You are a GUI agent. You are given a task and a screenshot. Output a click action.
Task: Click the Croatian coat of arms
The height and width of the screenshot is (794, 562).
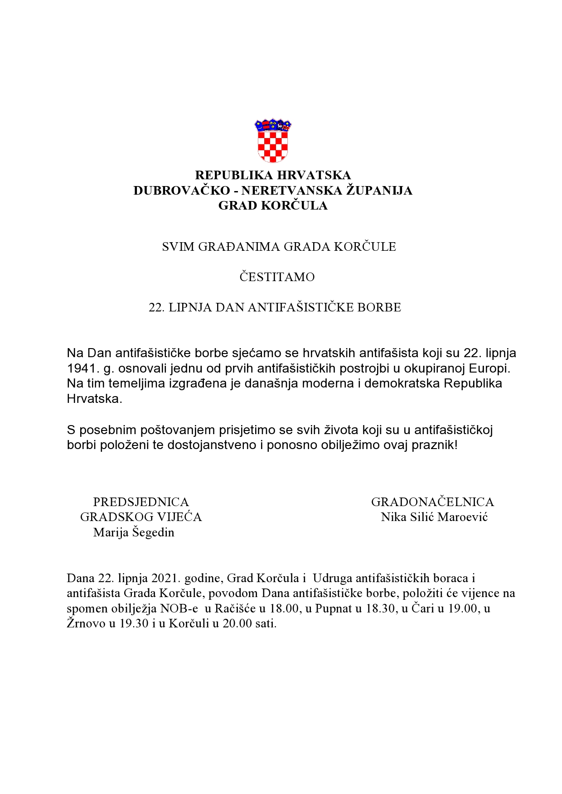point(273,141)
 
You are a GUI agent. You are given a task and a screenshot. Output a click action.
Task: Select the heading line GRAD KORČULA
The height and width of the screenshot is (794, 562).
point(273,206)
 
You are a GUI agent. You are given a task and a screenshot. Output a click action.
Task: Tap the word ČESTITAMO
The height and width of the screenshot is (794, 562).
point(277,277)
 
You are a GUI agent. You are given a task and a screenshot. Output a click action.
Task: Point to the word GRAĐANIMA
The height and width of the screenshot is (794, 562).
point(239,247)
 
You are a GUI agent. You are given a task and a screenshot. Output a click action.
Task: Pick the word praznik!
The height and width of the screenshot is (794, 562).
point(435,445)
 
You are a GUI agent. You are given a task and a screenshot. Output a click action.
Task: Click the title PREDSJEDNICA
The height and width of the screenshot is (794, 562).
point(141,502)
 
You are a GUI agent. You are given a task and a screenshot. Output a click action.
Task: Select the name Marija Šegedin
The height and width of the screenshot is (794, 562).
point(134,532)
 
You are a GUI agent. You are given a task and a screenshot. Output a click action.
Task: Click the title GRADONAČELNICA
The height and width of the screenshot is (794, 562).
point(432,502)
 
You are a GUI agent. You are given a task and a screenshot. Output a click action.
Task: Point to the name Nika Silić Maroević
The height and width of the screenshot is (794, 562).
point(434,517)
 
